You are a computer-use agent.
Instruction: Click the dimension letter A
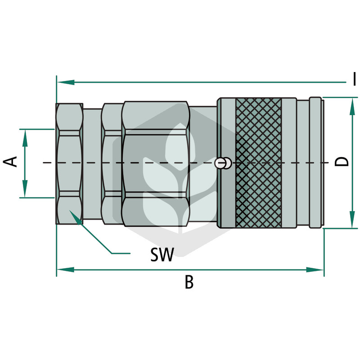(x=10, y=162)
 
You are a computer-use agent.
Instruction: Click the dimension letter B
(x=189, y=283)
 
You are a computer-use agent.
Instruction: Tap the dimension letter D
(x=342, y=162)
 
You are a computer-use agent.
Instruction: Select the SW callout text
(x=162, y=254)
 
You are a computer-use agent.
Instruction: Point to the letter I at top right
(x=355, y=79)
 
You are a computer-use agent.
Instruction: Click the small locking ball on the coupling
(x=220, y=163)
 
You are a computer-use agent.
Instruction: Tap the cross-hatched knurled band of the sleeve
(x=258, y=163)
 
